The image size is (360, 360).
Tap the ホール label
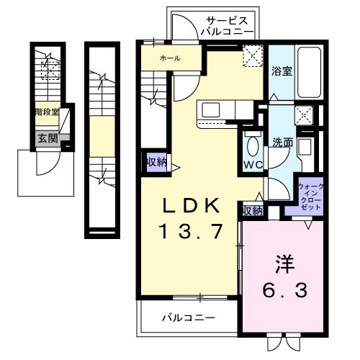[170, 58]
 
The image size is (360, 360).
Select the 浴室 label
[282, 71]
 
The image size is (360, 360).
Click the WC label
[252, 165]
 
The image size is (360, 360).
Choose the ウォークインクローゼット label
[310, 197]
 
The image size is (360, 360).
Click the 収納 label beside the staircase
[156, 162]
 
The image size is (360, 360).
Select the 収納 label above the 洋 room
[252, 210]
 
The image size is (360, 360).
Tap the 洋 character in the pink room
[283, 264]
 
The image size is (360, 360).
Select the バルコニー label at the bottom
[188, 317]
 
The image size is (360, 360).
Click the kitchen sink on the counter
[212, 109]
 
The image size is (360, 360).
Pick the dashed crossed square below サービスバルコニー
[253, 56]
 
